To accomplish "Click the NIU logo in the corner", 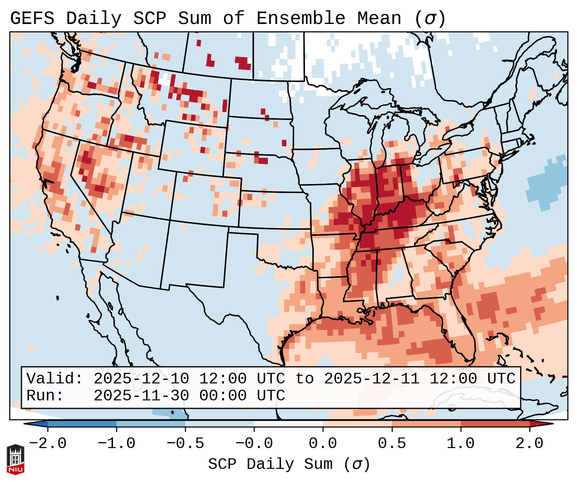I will pos(15,460).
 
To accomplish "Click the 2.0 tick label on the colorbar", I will pos(529,444).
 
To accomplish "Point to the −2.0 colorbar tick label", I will pos(48,444).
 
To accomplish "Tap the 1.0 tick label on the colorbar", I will pos(461,444).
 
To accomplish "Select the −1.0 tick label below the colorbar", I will pos(116,444).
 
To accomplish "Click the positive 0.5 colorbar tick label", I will pos(392,444).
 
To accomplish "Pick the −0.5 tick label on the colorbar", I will pos(185,444).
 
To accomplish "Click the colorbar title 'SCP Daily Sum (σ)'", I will pos(289,464).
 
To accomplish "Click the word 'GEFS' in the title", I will pos(32,19).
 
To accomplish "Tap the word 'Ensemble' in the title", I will pos(301,19).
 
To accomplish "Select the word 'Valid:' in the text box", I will pos(55,379).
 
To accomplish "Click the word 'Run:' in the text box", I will pos(45,396).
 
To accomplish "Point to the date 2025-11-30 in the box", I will pos(141,396).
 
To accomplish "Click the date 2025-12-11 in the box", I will pos(372,379).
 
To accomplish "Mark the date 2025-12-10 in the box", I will pos(141,379).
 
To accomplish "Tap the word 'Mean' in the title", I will pos(379,19).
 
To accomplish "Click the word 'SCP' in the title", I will pos(149,19).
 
